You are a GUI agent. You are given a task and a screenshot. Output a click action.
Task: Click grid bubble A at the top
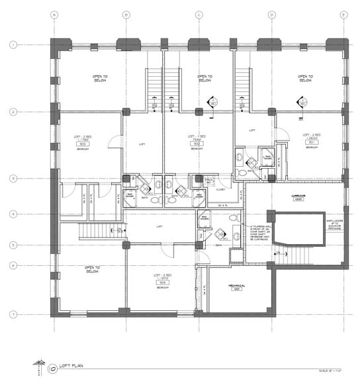54,14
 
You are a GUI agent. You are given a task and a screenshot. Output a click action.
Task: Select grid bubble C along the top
199,14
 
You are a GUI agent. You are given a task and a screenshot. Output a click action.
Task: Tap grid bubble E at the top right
343,14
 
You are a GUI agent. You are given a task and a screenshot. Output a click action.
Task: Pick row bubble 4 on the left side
13,214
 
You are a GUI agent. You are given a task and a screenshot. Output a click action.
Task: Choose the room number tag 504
159,282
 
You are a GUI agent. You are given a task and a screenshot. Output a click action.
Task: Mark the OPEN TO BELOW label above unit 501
305,78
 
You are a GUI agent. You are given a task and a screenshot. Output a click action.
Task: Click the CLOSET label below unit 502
219,189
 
